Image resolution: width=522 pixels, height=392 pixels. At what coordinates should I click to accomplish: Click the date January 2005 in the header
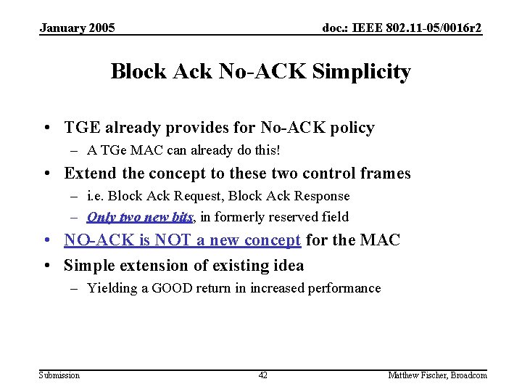coord(77,28)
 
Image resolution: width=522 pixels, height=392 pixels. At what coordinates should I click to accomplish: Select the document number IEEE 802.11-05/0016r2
coord(402,28)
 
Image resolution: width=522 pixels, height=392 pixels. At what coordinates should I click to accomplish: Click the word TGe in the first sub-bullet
coord(113,151)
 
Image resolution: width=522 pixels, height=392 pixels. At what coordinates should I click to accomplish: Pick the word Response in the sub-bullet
coord(321,196)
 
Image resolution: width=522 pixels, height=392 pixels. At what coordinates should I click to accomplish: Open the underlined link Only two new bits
coord(140,217)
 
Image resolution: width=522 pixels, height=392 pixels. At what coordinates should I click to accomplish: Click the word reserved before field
coord(291,217)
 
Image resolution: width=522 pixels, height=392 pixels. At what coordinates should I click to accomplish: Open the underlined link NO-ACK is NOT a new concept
coord(183,240)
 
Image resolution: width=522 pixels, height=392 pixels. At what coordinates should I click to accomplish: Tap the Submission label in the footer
coord(59,375)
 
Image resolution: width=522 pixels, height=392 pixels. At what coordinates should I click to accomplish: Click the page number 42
coord(262,375)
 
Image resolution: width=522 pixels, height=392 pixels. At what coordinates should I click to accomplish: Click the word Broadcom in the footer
coord(470,375)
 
